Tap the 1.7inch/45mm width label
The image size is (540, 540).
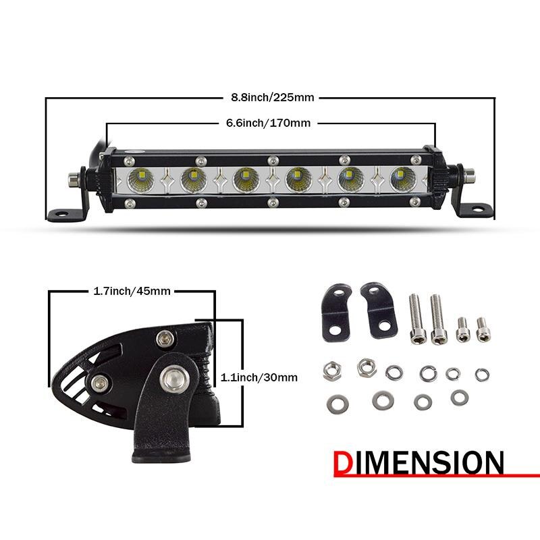pos(132,292)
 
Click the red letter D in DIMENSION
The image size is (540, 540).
pos(346,464)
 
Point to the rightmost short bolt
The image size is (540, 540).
pos(481,329)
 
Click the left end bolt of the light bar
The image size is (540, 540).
pos(72,179)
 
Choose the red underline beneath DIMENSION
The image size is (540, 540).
pos(439,476)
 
